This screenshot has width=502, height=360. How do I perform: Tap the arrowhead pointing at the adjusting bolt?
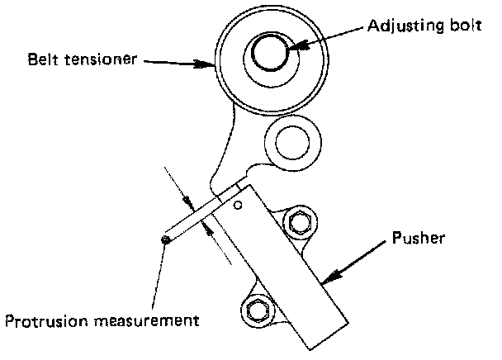pos(296,46)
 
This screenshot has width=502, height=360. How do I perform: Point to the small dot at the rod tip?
pos(166,239)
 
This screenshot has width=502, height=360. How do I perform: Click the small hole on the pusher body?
pos(238,205)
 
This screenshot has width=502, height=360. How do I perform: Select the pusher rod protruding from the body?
pos(198,216)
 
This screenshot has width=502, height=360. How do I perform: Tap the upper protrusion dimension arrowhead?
pos(189,201)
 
